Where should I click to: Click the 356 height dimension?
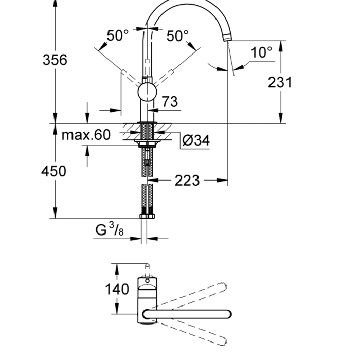(55, 60)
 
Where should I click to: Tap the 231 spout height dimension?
(280, 82)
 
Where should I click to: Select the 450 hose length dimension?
(54, 171)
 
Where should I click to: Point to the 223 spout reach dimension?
(187, 181)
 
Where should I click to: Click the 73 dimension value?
(169, 102)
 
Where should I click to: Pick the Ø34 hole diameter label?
(196, 140)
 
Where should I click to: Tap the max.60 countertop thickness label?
(86, 135)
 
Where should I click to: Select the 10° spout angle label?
(261, 52)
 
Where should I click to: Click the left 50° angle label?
(117, 35)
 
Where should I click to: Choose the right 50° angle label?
(177, 35)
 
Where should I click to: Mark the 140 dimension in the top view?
(117, 290)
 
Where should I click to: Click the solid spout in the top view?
(187, 313)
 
